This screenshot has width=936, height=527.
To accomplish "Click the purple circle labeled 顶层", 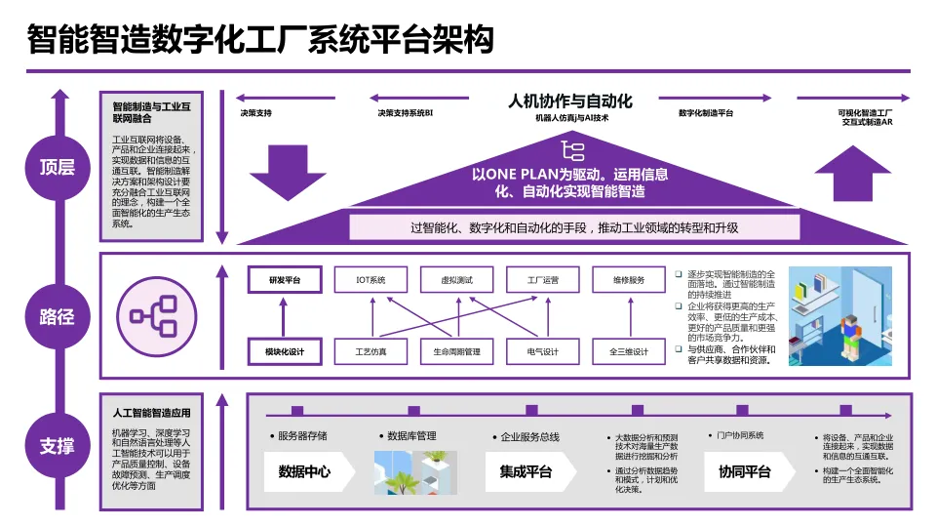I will (x=57, y=167).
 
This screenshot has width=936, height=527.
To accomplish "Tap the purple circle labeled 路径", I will (x=57, y=317).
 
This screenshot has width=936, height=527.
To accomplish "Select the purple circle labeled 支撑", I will (x=57, y=447).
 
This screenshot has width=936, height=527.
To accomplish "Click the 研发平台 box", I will (x=285, y=280).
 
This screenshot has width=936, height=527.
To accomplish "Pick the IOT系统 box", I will (x=371, y=280).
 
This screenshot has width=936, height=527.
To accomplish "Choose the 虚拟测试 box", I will (x=457, y=280).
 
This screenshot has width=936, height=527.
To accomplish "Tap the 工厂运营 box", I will (x=543, y=280).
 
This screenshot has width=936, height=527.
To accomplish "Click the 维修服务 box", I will (x=629, y=280).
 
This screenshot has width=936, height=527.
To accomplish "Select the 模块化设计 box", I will (x=285, y=351).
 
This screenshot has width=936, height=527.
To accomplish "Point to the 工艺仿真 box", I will (x=371, y=351).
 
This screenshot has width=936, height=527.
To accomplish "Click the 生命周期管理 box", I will (x=457, y=351).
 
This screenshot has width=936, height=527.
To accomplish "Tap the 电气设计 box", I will (x=543, y=351).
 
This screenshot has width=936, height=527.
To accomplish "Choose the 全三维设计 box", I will (x=629, y=351).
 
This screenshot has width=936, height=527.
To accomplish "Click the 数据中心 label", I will (x=304, y=472).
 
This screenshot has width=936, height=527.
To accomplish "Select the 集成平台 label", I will (x=526, y=472).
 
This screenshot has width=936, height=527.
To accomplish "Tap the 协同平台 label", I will (x=744, y=472).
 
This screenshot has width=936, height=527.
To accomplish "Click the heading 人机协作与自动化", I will (x=570, y=101).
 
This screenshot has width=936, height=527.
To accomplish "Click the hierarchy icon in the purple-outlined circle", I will (x=151, y=314).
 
